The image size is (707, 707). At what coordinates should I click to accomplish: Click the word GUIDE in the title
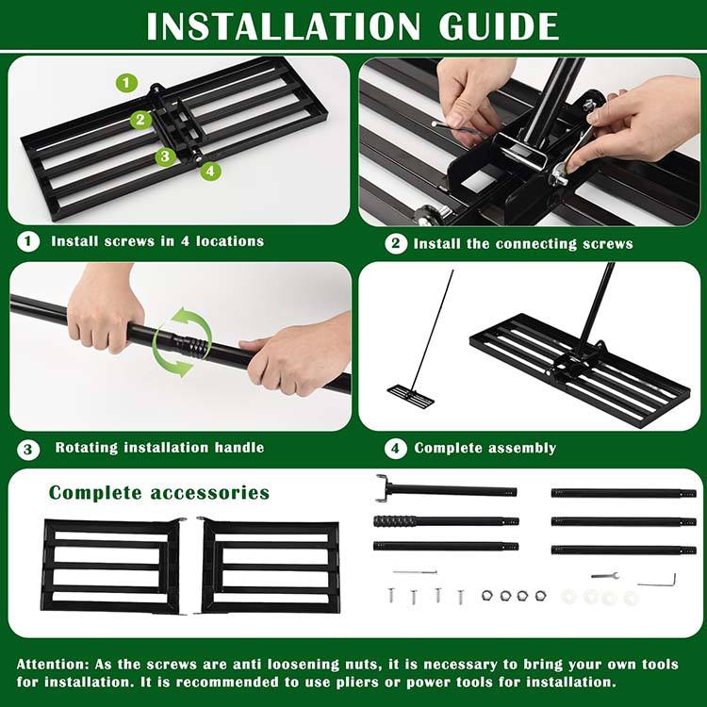click(499, 26)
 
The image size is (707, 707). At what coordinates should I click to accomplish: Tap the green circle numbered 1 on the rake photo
click(126, 83)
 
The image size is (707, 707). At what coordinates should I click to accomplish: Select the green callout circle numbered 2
click(140, 120)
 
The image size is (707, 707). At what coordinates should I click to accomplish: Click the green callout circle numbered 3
click(166, 156)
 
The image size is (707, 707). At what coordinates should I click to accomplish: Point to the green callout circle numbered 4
click(210, 171)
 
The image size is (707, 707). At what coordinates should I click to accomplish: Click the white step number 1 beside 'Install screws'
click(28, 241)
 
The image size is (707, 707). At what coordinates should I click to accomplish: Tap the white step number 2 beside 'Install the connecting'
click(396, 243)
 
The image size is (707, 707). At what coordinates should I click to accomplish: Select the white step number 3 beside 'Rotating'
click(28, 449)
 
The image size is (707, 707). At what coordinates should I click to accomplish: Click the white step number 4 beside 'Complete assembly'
click(395, 448)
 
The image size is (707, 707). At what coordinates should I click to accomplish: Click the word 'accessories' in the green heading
click(209, 492)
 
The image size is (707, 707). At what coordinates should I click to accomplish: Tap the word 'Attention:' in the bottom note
click(53, 665)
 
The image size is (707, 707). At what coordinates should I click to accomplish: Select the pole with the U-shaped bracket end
click(447, 489)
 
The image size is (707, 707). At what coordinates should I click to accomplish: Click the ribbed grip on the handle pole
click(393, 521)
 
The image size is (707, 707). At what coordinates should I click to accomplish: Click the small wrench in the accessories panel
click(604, 575)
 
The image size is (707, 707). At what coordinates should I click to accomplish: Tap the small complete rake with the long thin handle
click(411, 397)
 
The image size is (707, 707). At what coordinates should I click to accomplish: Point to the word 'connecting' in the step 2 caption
click(536, 244)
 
